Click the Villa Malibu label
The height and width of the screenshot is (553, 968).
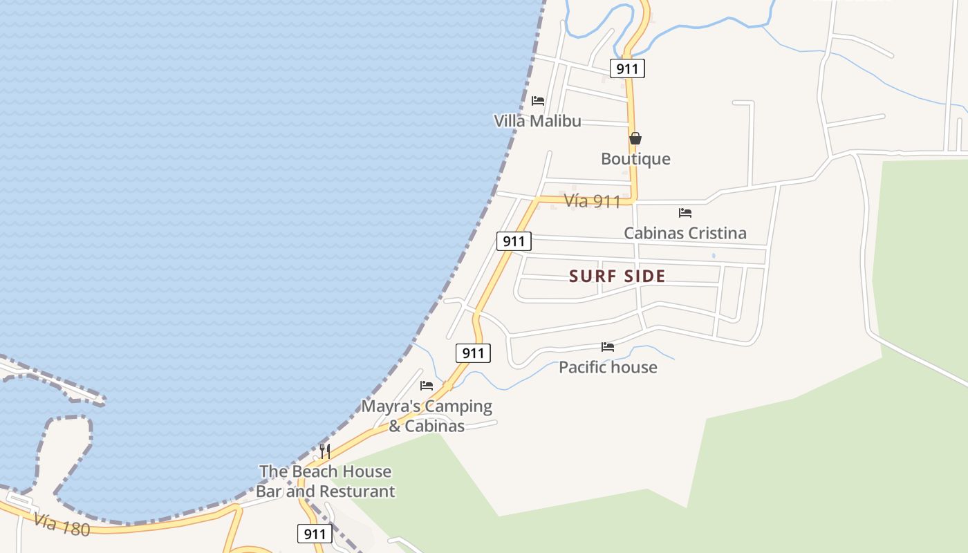click(x=537, y=121)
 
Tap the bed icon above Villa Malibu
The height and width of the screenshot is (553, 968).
click(x=538, y=101)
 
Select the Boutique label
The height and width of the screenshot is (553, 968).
click(x=635, y=159)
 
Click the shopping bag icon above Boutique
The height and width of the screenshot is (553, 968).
click(x=635, y=138)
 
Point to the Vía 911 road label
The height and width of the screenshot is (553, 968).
click(x=592, y=201)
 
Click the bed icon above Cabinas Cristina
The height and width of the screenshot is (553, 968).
click(x=685, y=213)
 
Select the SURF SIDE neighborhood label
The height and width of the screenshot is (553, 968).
click(x=617, y=276)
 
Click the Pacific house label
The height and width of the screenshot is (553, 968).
click(x=608, y=367)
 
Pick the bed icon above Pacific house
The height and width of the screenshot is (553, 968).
click(x=608, y=347)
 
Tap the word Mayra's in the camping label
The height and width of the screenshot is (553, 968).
click(x=389, y=406)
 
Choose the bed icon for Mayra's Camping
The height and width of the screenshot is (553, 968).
click(x=427, y=386)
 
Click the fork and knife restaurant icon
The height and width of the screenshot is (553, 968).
click(x=325, y=451)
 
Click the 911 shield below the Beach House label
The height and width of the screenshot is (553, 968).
click(x=315, y=534)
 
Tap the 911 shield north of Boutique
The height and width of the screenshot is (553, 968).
click(x=627, y=68)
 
